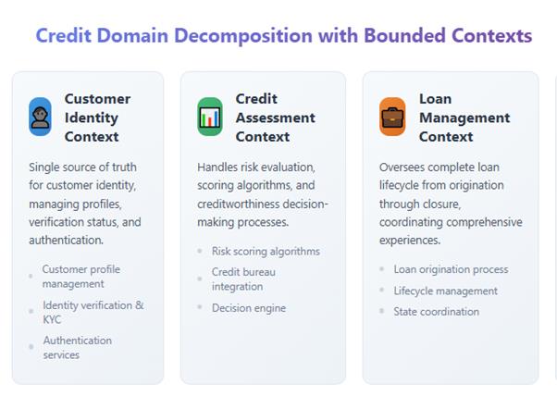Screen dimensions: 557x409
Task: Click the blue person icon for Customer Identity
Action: point(40,117)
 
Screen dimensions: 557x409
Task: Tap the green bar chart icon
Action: point(210,117)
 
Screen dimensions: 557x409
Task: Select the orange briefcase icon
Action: point(392,117)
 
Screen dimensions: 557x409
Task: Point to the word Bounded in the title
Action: point(404,35)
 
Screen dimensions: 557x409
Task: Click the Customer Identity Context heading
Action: point(98,118)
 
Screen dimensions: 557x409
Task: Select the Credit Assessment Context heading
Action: point(276,118)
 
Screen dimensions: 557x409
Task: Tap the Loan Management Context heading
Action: point(464,118)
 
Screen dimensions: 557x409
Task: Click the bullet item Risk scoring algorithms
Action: point(266,251)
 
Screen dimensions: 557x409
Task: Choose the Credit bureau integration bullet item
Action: point(243,279)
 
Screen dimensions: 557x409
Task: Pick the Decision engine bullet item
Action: point(249,308)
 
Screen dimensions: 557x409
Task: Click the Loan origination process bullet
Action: point(451,269)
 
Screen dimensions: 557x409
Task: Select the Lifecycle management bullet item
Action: point(445,291)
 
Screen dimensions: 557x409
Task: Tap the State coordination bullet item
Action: point(436,312)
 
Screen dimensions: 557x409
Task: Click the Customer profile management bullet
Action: point(81,277)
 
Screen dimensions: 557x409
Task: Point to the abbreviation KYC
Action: point(52,319)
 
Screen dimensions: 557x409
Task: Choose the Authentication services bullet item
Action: point(78,348)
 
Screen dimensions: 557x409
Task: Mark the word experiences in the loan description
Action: point(410,241)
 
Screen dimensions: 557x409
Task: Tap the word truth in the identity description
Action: point(124,167)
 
